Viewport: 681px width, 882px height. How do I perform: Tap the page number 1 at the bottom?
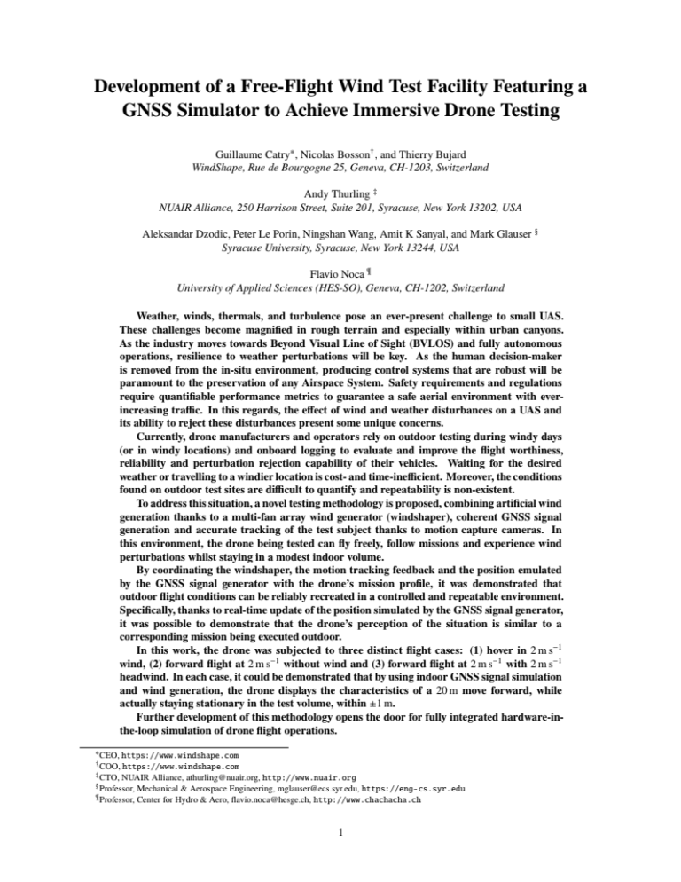[340, 856]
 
